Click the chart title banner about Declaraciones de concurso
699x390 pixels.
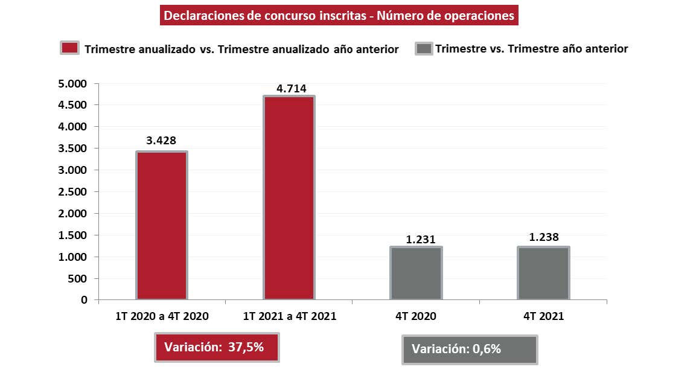(x=339, y=16)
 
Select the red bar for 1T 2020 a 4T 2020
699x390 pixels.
(x=162, y=225)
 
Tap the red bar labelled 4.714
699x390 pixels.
(x=289, y=197)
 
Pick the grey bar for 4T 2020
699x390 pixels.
(x=416, y=273)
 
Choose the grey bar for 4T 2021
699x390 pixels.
(x=543, y=273)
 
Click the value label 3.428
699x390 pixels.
(x=161, y=141)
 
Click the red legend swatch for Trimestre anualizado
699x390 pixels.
(x=70, y=49)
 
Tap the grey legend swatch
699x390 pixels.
(x=424, y=49)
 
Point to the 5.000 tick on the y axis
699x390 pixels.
(x=72, y=83)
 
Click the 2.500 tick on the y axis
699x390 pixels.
(x=72, y=192)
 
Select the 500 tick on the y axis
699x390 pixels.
(x=77, y=279)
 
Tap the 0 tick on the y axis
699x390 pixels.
(x=84, y=300)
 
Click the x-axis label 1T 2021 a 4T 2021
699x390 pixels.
(x=290, y=316)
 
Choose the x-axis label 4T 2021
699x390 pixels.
(x=544, y=316)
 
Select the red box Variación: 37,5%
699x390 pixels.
(x=217, y=347)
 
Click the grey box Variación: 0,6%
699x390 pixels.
(x=469, y=350)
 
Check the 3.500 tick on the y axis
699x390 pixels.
(x=72, y=149)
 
